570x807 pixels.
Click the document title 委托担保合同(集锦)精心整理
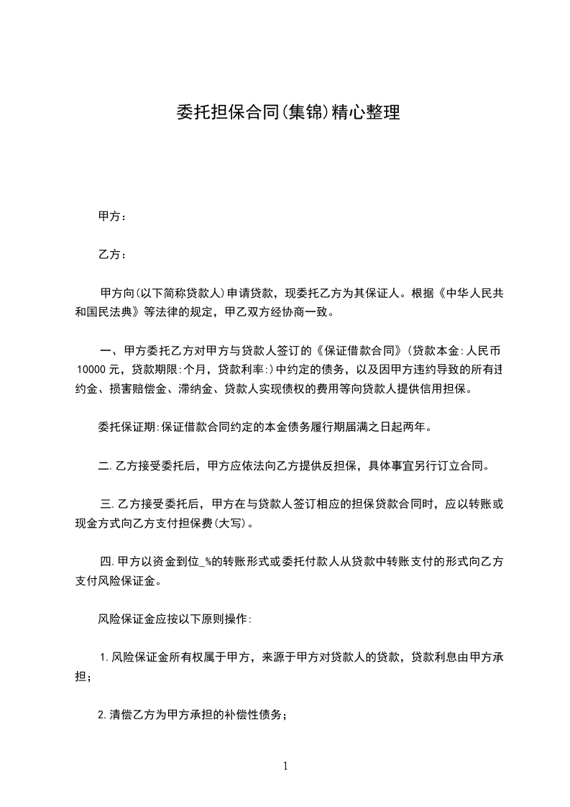[288, 112]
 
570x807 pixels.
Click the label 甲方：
[112, 216]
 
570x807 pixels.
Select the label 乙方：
[112, 255]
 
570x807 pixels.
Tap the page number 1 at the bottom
[285, 766]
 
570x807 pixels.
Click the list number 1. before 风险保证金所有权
[104, 657]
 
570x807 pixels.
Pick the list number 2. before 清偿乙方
[104, 715]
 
